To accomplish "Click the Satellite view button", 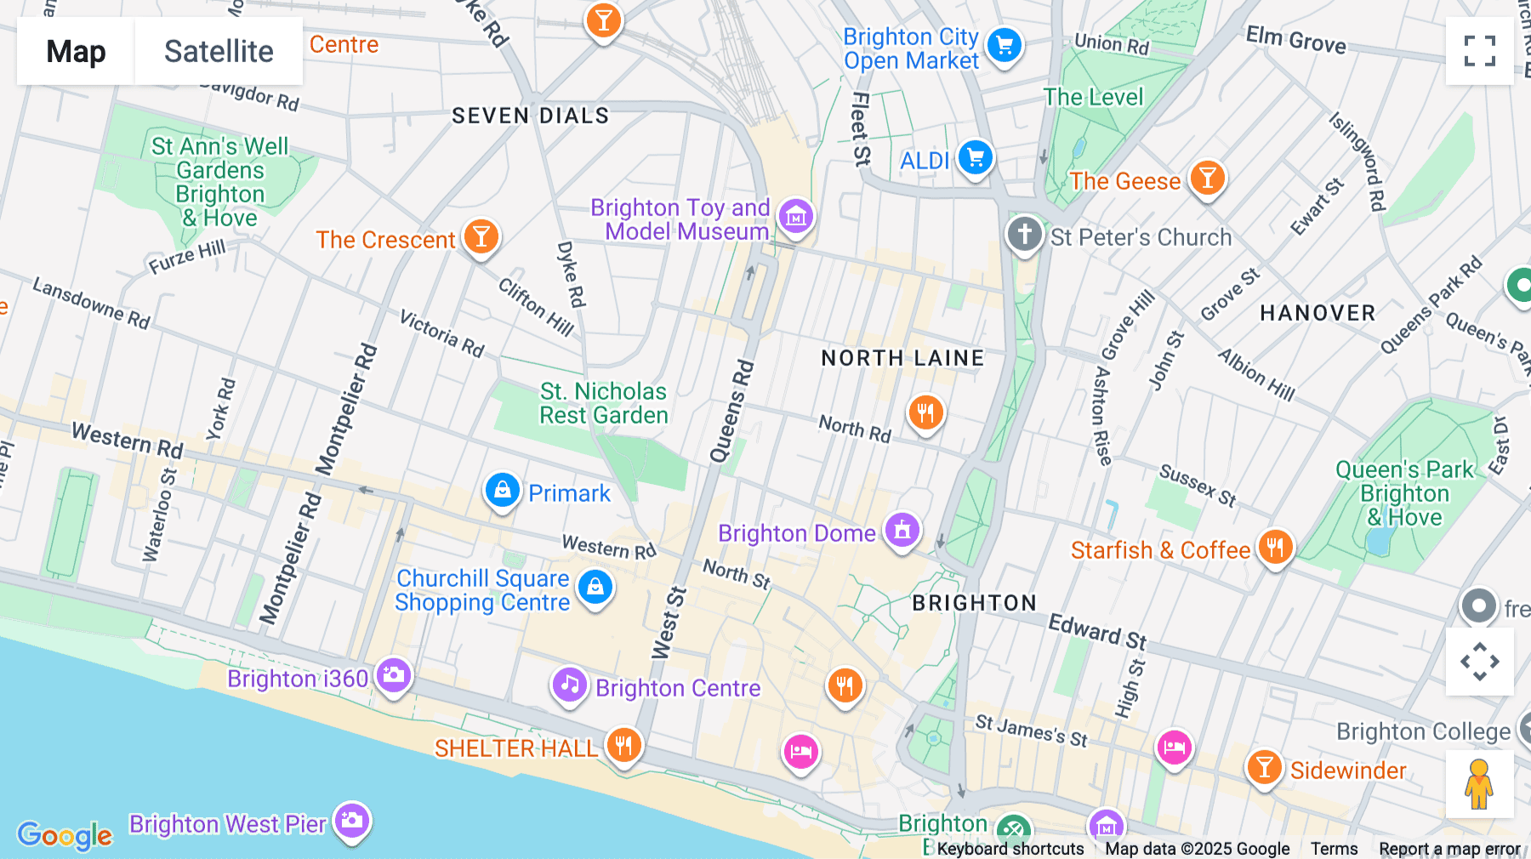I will point(219,51).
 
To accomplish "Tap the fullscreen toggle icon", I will point(1479,51).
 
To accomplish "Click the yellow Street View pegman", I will point(1479,784).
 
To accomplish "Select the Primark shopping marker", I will point(503,492).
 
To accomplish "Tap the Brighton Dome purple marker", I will point(902,531).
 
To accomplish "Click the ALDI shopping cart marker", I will point(976,158).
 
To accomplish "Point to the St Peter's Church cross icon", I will point(1024,234).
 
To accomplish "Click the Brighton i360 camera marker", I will point(393,676).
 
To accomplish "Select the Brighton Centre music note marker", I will point(569,685).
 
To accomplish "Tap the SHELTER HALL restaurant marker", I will point(623,746).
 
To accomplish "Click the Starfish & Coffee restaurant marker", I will point(1274,548).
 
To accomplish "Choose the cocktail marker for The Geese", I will point(1207,179).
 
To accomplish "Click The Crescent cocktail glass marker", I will point(481,237).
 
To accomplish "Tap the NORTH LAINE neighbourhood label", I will point(902,358).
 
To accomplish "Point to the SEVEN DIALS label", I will point(531,116).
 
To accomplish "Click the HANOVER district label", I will point(1318,313).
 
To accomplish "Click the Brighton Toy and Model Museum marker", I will point(796,217).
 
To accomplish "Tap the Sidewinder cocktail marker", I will point(1264,768).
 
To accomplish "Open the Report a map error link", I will point(1449,849).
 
